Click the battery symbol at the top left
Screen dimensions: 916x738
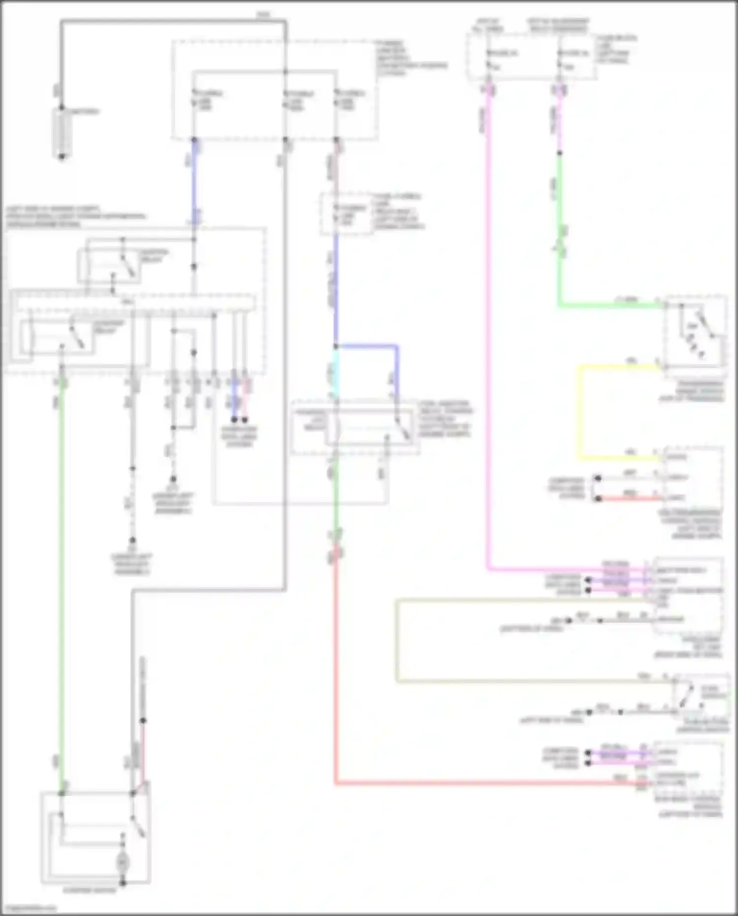coord(62,133)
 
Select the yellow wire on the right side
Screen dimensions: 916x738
coord(579,413)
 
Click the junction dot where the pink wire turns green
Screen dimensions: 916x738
coord(559,153)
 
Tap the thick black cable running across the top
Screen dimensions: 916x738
coord(172,21)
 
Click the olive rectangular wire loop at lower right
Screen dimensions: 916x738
coord(397,640)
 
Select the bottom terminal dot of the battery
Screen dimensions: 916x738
coord(62,157)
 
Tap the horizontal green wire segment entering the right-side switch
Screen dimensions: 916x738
coord(610,306)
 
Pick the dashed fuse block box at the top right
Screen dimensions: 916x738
coord(531,57)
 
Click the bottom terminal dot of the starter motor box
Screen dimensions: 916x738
coord(123,883)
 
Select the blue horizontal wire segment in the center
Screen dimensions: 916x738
coord(367,347)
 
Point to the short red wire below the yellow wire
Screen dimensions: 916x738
coord(630,498)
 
